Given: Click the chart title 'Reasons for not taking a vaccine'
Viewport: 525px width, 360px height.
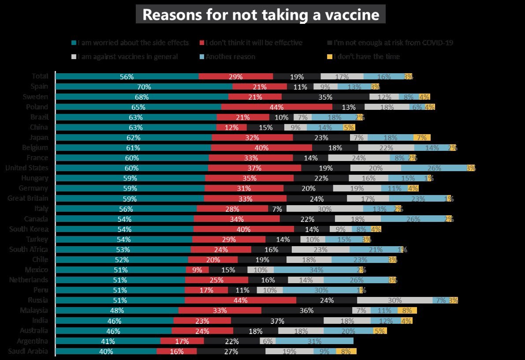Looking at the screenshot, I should (261, 15).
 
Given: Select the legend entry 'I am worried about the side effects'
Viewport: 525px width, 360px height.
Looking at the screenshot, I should (133, 43).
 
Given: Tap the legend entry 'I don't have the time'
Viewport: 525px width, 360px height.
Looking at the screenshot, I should (366, 56).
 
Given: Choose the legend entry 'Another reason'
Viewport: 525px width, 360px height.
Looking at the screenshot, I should (230, 56).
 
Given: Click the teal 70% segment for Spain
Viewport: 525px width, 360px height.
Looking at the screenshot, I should (144, 87).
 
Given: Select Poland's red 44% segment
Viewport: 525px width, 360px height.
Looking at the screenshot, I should (276, 107).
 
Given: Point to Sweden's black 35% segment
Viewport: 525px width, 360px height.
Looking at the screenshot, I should (325, 97).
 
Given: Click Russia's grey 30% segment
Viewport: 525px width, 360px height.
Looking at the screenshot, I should (395, 300).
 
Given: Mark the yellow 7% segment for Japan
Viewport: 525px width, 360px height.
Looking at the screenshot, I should (422, 138).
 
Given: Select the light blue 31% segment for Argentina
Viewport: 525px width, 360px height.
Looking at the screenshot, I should (314, 341).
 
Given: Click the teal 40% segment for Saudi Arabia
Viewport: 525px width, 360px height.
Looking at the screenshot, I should (106, 351).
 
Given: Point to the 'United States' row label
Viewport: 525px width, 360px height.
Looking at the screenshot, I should (27, 168).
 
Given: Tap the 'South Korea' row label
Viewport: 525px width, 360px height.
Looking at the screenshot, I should (29, 229).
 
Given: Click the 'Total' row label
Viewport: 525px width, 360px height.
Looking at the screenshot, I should (40, 76).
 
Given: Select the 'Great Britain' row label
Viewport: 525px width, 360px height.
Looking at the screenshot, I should (28, 199).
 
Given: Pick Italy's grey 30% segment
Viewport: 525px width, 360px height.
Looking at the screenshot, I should (324, 209).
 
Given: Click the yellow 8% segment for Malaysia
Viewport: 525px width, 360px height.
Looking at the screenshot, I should (407, 310).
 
